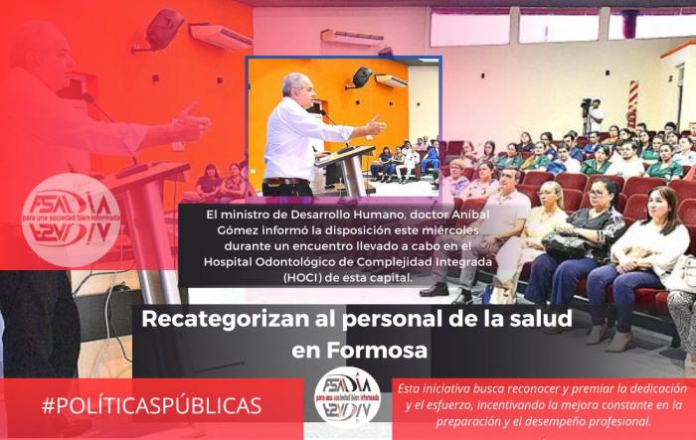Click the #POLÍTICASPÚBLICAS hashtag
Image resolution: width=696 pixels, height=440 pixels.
[151, 405]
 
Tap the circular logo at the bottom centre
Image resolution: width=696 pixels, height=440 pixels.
[348, 397]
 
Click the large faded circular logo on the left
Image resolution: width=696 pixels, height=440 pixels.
[71, 220]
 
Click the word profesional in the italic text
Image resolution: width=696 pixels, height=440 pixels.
[624, 421]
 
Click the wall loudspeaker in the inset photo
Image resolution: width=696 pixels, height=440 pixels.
[363, 77]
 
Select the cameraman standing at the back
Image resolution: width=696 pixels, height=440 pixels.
[594, 116]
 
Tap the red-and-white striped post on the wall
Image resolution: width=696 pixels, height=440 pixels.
[632, 103]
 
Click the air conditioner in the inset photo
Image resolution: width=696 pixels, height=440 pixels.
[391, 80]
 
